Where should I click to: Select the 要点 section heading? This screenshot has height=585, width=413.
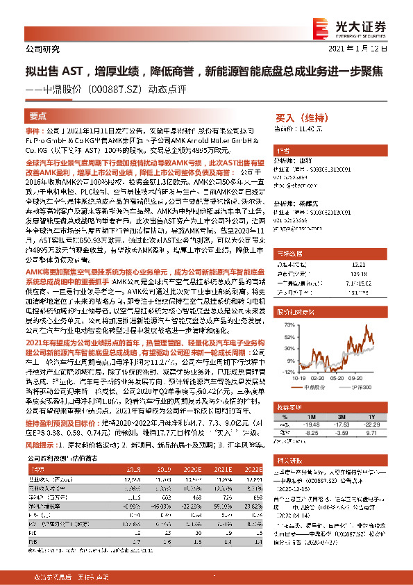[38, 116]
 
